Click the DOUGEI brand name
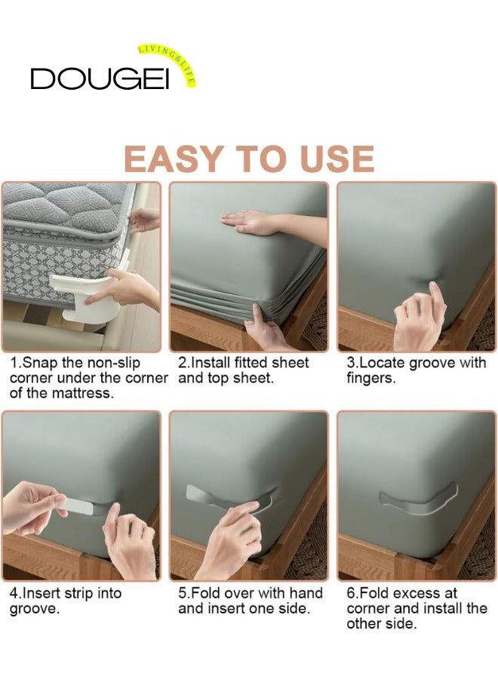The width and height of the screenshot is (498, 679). (x=100, y=78)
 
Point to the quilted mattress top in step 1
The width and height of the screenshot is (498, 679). (x=65, y=204)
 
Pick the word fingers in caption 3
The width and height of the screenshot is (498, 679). (x=370, y=379)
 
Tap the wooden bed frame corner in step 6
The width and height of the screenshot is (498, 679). (x=438, y=563)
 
